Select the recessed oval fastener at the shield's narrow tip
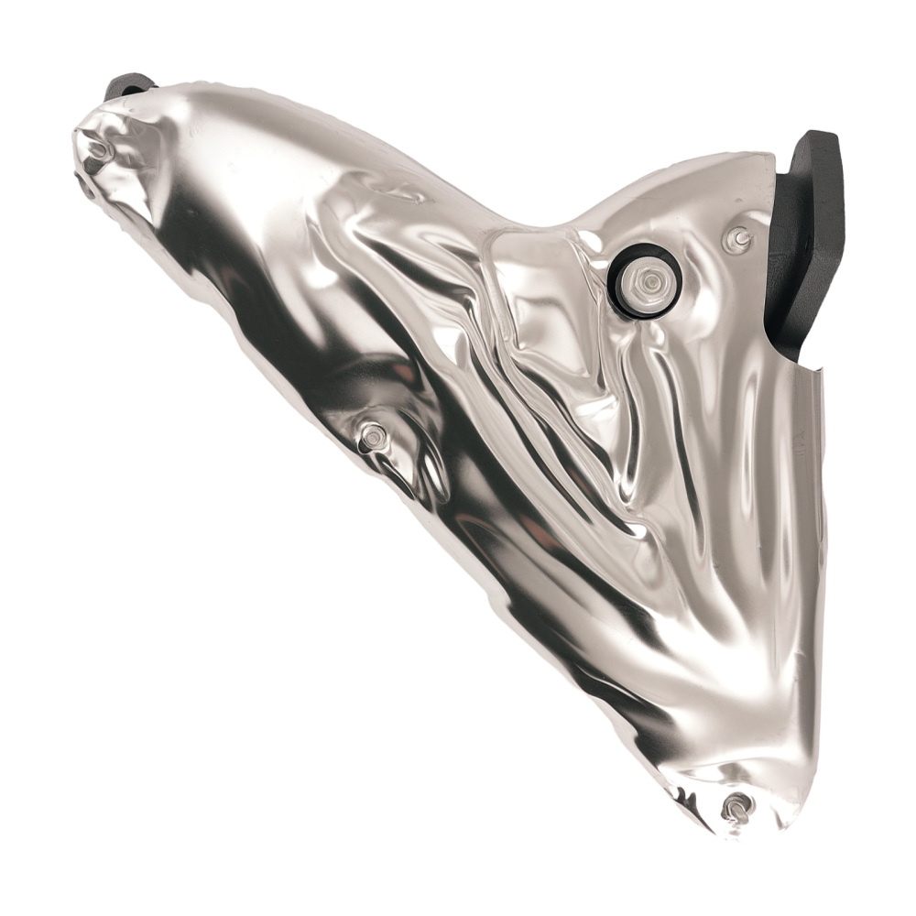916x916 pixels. pos(97,147)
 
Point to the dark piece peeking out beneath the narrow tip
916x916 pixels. pos(85,188)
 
